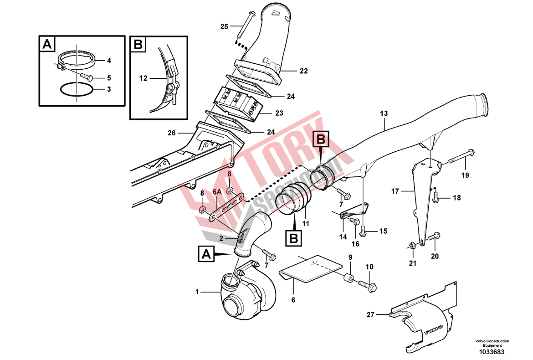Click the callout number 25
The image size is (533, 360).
pos(224,26)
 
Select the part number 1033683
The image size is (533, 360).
pos(492,352)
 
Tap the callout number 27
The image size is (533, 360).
pos(370,314)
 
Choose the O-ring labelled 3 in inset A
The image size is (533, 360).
pos(77,89)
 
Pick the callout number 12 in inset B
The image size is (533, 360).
pos(143,78)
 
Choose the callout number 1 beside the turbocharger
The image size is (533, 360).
pos(198,292)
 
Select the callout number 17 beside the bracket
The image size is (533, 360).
pos(395,192)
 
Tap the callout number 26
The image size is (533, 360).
pos(171,133)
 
